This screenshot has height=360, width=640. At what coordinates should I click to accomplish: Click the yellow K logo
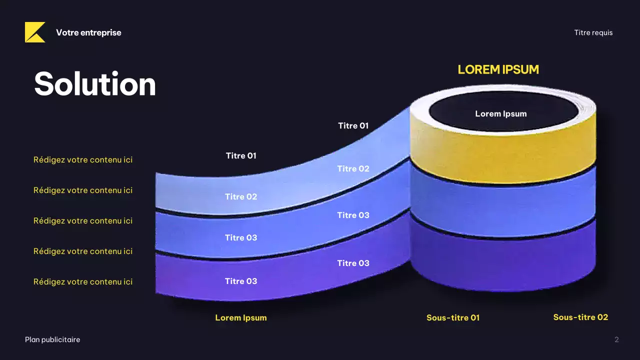[x=35, y=32]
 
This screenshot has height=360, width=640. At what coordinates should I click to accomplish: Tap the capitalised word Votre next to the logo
[x=67, y=32]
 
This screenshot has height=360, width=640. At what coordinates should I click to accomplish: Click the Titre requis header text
[x=593, y=33]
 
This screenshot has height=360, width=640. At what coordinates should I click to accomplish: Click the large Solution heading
[x=95, y=84]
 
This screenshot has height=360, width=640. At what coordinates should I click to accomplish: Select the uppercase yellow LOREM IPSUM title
[x=498, y=69]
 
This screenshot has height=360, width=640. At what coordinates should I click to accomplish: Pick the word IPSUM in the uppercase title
[x=520, y=69]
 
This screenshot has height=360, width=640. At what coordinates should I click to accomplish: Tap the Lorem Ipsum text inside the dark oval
[x=501, y=113]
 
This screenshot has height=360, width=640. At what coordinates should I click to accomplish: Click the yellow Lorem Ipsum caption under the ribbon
[x=241, y=317]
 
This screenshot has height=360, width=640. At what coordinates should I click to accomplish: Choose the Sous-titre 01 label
[x=453, y=317]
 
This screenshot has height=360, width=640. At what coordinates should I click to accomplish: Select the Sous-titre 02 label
[x=580, y=317]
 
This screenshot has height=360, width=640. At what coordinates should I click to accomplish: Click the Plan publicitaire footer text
[x=52, y=339]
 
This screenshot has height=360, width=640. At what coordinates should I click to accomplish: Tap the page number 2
[x=616, y=339]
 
